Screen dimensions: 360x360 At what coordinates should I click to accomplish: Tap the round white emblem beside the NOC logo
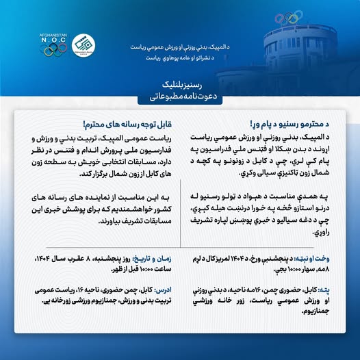tap(83, 44)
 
